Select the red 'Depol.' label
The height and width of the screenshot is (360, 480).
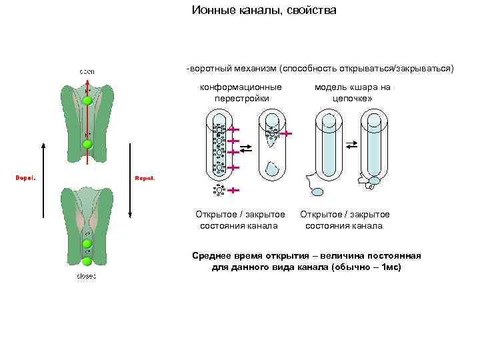[25, 178]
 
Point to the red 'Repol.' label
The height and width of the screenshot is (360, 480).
[145, 178]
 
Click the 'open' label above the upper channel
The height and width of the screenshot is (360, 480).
[87, 71]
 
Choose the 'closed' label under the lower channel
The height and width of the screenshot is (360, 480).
[87, 275]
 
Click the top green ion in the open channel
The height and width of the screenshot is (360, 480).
[87, 101]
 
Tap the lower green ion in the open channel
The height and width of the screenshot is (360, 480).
[87, 143]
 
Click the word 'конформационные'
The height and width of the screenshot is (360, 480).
[241, 87]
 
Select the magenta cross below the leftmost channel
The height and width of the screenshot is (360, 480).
[234, 191]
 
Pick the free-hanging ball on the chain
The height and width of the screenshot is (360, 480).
[318, 192]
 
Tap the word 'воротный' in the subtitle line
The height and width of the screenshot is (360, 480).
[213, 69]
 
